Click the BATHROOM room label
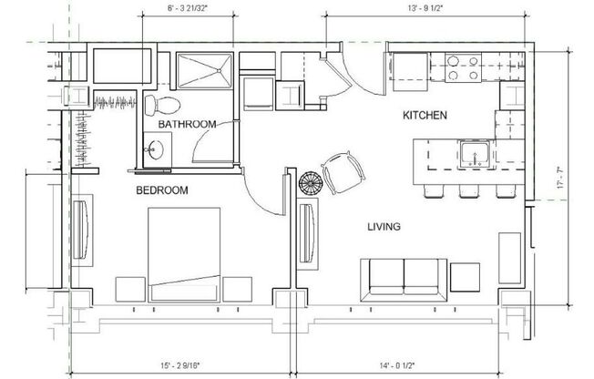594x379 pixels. coord(187,124)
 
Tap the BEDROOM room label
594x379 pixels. coord(162,190)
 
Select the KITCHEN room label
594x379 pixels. coord(425,116)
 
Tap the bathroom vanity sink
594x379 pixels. coord(153,149)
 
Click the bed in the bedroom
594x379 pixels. coord(185,251)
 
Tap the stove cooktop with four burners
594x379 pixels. coord(462,69)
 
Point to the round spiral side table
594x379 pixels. coord(311,182)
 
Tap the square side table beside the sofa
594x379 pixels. coord(465,276)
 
